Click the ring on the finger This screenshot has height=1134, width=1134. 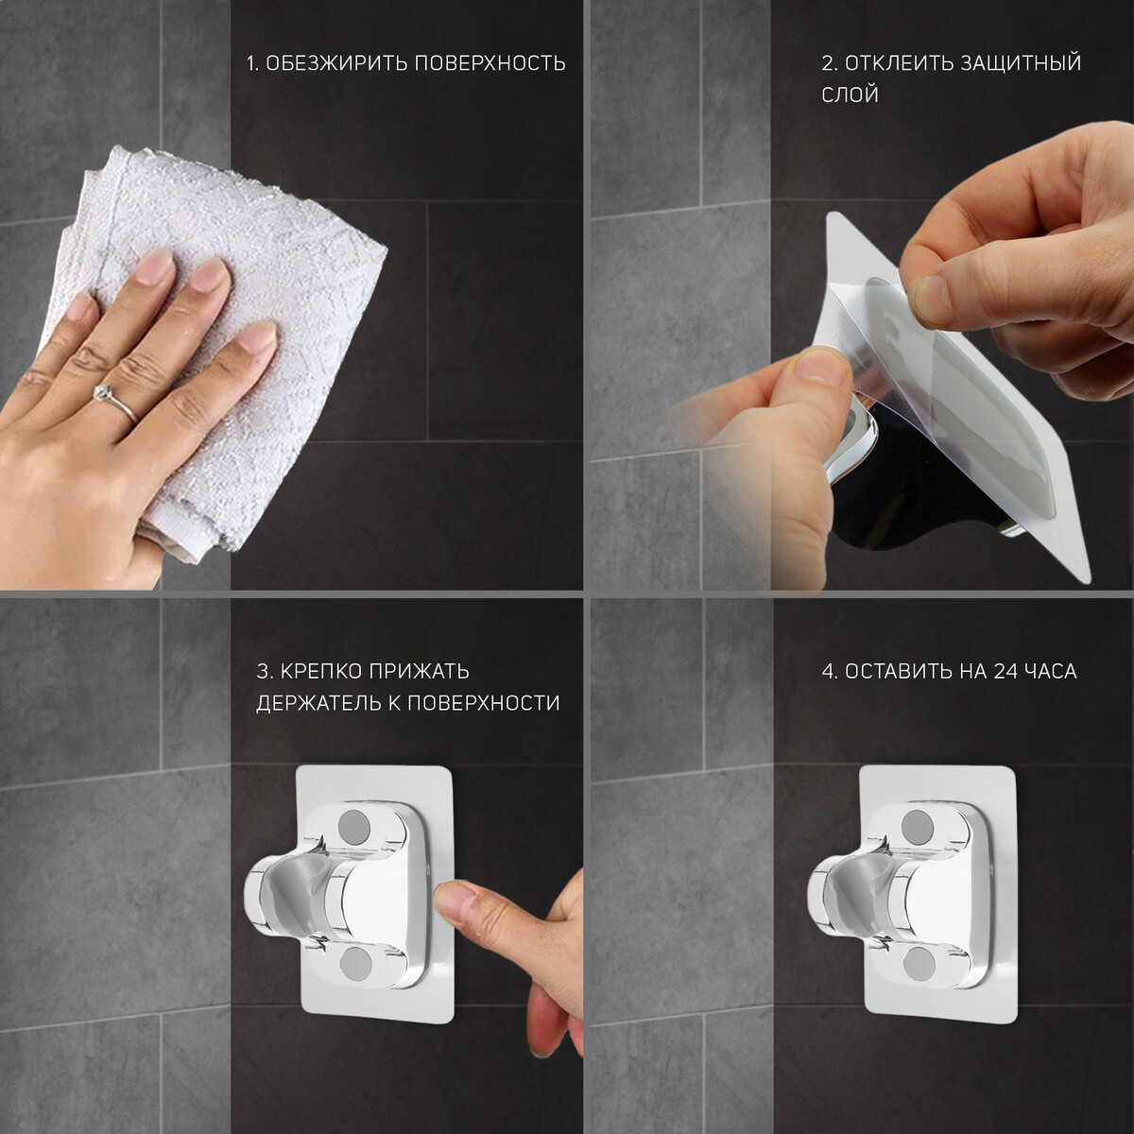click(115, 401)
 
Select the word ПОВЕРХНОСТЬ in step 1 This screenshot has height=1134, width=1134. click(490, 63)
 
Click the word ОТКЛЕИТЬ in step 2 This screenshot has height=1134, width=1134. click(900, 63)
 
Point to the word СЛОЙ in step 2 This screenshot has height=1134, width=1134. click(850, 94)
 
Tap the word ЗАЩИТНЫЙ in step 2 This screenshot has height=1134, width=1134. click(1021, 63)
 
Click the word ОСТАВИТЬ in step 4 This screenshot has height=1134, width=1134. click(900, 672)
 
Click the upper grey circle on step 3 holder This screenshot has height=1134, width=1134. click(355, 826)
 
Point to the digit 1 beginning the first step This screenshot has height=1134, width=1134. click(251, 63)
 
